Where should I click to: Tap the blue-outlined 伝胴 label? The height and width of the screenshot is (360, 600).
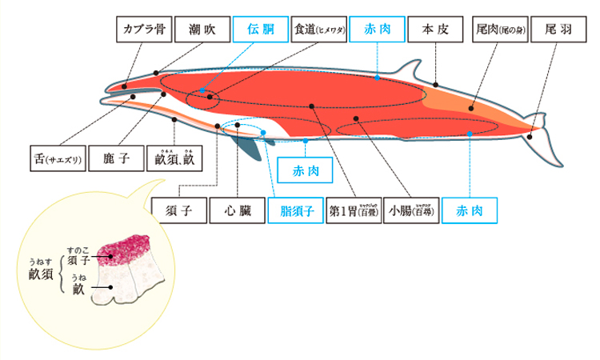260,30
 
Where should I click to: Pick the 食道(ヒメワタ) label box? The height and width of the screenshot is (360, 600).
319,30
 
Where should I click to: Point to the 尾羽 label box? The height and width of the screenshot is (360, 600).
558,30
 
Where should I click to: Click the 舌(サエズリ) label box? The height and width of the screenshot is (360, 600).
54,158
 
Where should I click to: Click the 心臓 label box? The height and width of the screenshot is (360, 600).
238,211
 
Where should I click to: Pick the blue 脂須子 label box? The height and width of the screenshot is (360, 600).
297,211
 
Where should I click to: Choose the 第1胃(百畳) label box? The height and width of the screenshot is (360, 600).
354,211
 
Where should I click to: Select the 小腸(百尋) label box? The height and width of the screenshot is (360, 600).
411,211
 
